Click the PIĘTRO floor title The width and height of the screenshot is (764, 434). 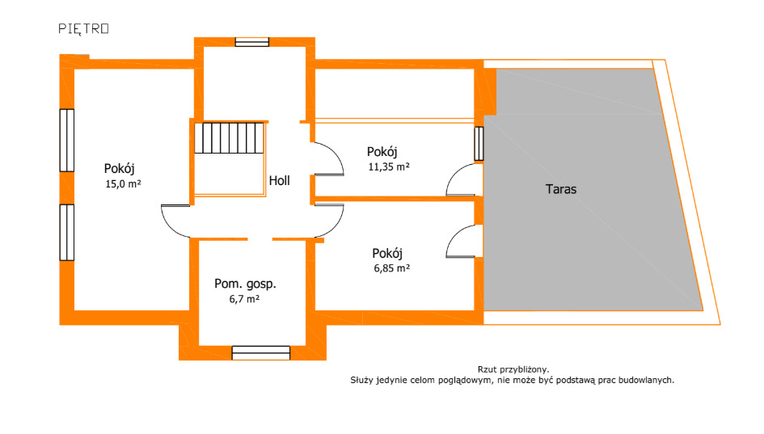(83, 29)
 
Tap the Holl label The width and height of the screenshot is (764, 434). (279, 181)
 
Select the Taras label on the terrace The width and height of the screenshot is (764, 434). (561, 189)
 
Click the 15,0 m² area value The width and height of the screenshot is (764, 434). (123, 183)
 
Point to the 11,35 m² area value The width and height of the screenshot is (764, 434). (389, 166)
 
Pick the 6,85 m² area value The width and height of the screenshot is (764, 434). (392, 268)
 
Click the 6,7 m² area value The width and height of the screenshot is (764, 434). (244, 298)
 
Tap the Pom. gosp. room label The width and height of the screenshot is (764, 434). (245, 284)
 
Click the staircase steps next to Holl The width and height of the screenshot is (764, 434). (229, 138)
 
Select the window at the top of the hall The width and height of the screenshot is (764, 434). (252, 42)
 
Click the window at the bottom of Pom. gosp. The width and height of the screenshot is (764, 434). (260, 352)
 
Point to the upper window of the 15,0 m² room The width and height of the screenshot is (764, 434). (67, 141)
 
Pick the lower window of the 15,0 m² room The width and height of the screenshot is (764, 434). (67, 232)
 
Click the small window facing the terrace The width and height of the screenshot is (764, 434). (479, 144)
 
